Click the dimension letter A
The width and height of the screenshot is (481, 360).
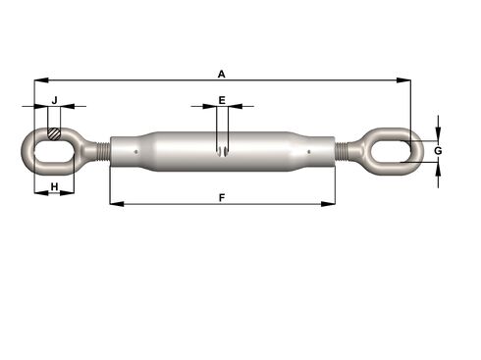coord(222,74)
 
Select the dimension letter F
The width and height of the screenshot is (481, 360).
coord(222,197)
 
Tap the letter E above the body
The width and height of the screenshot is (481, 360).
coord(222,100)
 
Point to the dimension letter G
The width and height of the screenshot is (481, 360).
coord(438,151)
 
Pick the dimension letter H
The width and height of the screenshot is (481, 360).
coord(54,186)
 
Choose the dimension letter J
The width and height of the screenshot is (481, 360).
coord(55,100)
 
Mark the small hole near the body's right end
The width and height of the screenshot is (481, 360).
coord(310,151)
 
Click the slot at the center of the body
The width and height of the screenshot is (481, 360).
coord(223,150)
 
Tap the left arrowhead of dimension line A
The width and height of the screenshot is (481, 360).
coord(37,80)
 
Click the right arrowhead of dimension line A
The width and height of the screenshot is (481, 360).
coord(406,80)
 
